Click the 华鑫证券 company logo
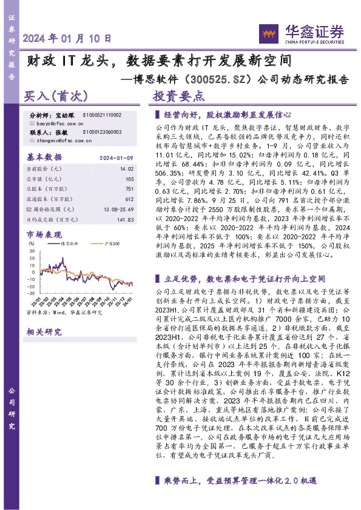point(302,31)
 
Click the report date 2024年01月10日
point(67,38)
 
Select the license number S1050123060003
point(101,131)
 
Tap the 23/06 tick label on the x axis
point(73,300)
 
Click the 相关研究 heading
point(44,331)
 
